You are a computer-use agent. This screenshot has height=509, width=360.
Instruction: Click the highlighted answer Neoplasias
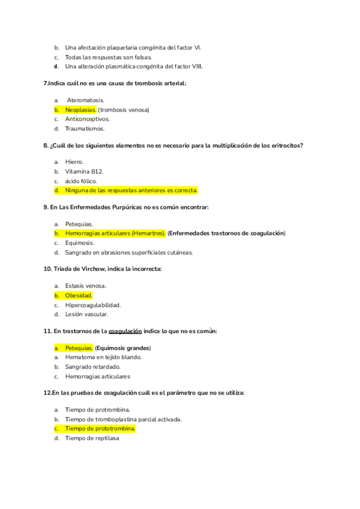tap(80, 110)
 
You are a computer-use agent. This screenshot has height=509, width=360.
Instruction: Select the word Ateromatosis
tap(86, 100)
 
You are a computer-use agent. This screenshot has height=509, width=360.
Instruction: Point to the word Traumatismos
tap(85, 128)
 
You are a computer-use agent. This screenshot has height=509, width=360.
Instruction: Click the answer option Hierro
tap(74, 162)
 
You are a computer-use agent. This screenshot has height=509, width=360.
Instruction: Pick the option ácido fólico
tap(80, 181)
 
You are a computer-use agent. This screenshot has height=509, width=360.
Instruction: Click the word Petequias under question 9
tap(79, 224)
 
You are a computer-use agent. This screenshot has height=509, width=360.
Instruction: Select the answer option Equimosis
tap(80, 243)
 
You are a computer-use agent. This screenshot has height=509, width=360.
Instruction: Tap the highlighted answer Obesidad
tap(79, 295)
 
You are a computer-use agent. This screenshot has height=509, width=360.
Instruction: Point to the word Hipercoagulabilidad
tap(93, 305)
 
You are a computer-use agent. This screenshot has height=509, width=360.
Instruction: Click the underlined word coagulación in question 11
tap(125, 331)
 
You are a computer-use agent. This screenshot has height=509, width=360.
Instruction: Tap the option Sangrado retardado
tap(92, 367)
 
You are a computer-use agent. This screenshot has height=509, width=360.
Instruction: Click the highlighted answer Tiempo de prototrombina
tap(100, 429)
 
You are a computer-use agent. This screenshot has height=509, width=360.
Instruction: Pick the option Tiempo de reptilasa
tap(92, 438)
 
